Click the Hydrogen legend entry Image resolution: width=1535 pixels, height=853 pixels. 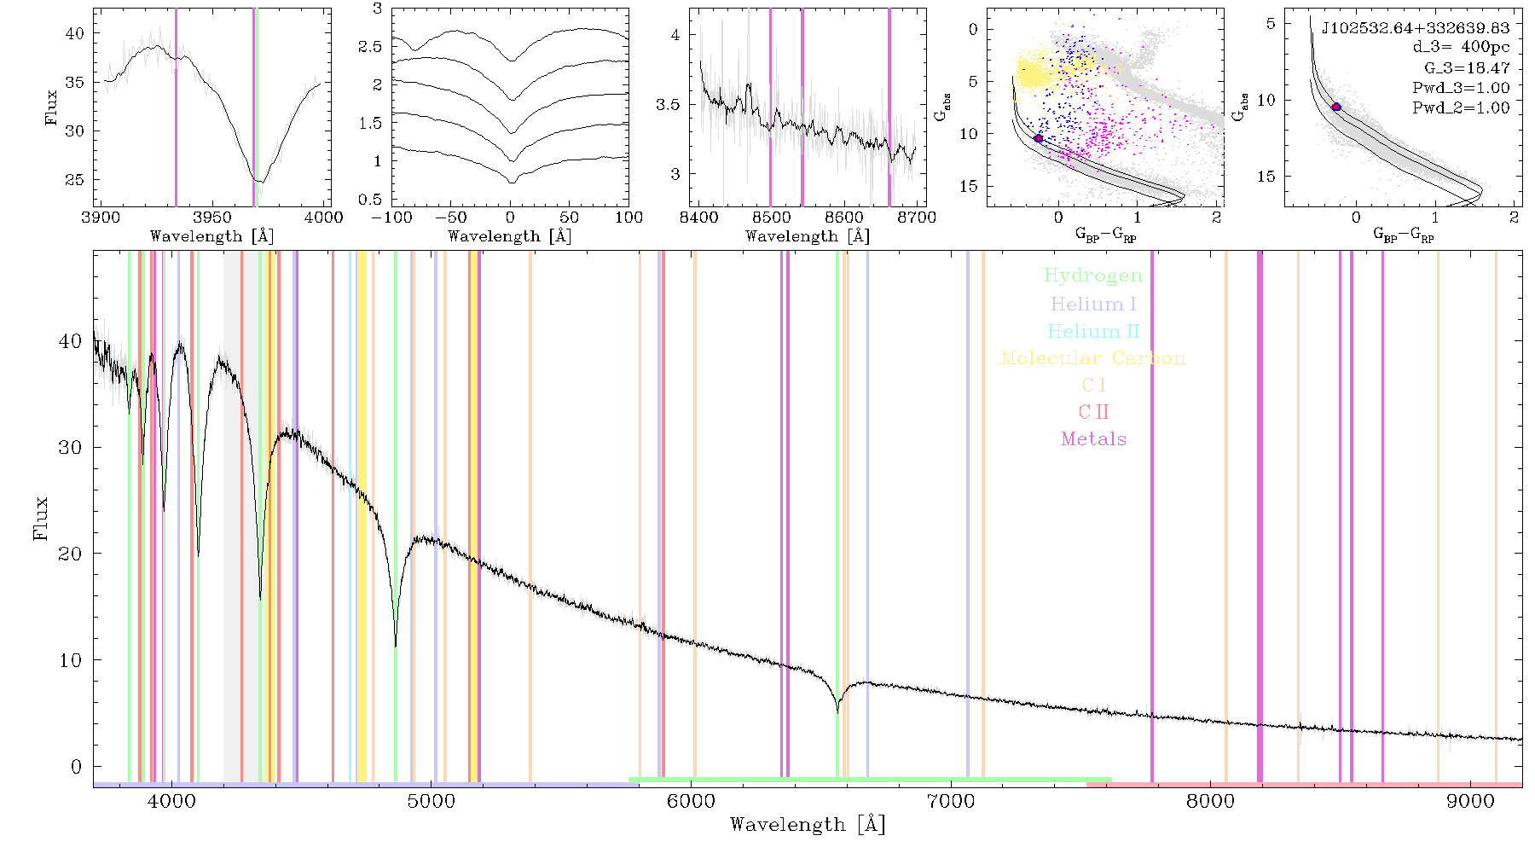(x=1092, y=276)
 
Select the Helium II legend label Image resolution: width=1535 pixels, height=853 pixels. (x=1092, y=331)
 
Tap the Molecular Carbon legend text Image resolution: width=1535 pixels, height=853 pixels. (x=1093, y=358)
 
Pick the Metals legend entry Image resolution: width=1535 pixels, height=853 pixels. (x=1094, y=439)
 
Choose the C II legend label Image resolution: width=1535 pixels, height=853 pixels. (x=1093, y=412)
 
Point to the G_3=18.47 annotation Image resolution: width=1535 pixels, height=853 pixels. (x=1467, y=68)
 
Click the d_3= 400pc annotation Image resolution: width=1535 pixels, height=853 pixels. (x=1461, y=48)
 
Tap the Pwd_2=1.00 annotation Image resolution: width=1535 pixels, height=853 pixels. (x=1461, y=107)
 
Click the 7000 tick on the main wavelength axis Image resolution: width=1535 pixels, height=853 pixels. (x=951, y=801)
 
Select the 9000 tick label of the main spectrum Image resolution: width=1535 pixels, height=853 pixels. (x=1470, y=801)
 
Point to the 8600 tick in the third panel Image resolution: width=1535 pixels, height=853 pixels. (x=844, y=218)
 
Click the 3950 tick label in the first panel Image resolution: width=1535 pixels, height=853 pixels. (x=212, y=218)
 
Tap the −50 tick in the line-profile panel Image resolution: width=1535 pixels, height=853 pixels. (x=450, y=218)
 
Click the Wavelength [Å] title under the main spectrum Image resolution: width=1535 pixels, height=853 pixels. (x=808, y=825)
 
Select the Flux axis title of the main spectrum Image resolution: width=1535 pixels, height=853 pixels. (x=40, y=519)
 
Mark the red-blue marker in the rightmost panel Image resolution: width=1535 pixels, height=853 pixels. (x=1336, y=107)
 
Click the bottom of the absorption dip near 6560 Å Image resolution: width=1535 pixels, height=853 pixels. (x=837, y=711)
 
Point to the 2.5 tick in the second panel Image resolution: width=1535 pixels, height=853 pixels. (x=370, y=47)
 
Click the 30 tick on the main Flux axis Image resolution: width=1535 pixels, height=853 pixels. (x=70, y=447)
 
